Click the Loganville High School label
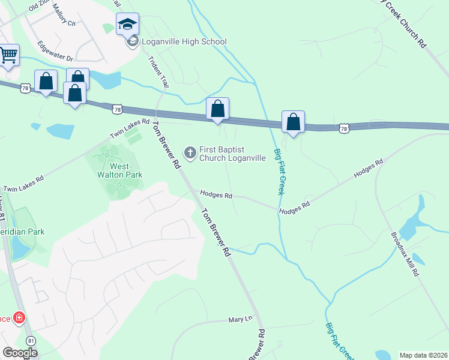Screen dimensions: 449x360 point(184,41)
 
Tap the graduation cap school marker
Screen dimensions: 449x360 point(127,25)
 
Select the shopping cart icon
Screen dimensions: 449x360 point(8,55)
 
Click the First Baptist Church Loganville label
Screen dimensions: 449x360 point(232,154)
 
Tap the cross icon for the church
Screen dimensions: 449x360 point(190,153)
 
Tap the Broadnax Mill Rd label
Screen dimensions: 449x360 point(406,253)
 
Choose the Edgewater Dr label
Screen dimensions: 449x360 point(55,51)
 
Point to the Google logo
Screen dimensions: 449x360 point(20,353)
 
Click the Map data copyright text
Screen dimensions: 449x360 point(423,355)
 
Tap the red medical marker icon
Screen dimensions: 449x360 point(19,317)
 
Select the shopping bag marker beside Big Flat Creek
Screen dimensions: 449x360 point(293,122)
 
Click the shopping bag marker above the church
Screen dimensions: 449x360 point(217,109)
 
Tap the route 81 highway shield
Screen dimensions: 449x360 point(31,340)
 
